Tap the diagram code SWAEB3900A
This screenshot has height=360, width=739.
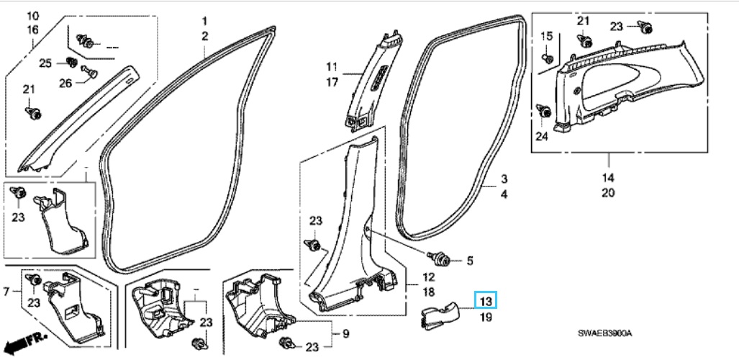(x=605, y=333)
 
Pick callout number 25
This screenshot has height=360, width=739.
(x=45, y=63)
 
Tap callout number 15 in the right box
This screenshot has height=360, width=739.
(x=546, y=37)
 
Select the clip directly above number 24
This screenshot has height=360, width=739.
(x=544, y=112)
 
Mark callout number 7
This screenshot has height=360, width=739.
(x=6, y=292)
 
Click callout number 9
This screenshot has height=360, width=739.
(x=345, y=334)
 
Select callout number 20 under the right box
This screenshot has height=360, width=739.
(x=608, y=193)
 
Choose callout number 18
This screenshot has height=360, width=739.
(x=428, y=292)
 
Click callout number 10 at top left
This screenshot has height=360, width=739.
(x=33, y=16)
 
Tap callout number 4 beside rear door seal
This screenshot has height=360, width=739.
(x=504, y=194)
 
